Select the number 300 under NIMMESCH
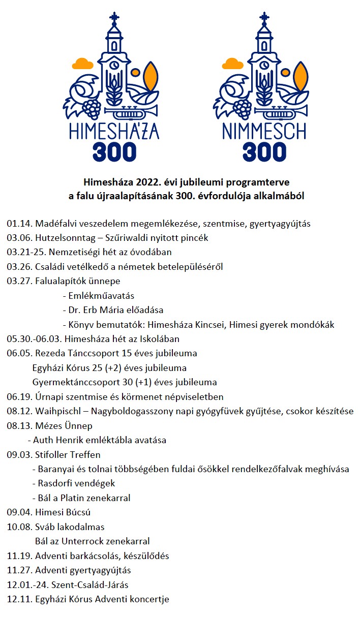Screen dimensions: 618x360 (x=264, y=151)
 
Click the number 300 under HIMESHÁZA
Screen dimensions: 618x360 (x=115, y=151)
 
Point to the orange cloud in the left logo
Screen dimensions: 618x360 (x=81, y=63)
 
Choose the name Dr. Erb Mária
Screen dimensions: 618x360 (x=97, y=310)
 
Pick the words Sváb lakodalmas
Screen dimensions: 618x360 (x=70, y=527)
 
